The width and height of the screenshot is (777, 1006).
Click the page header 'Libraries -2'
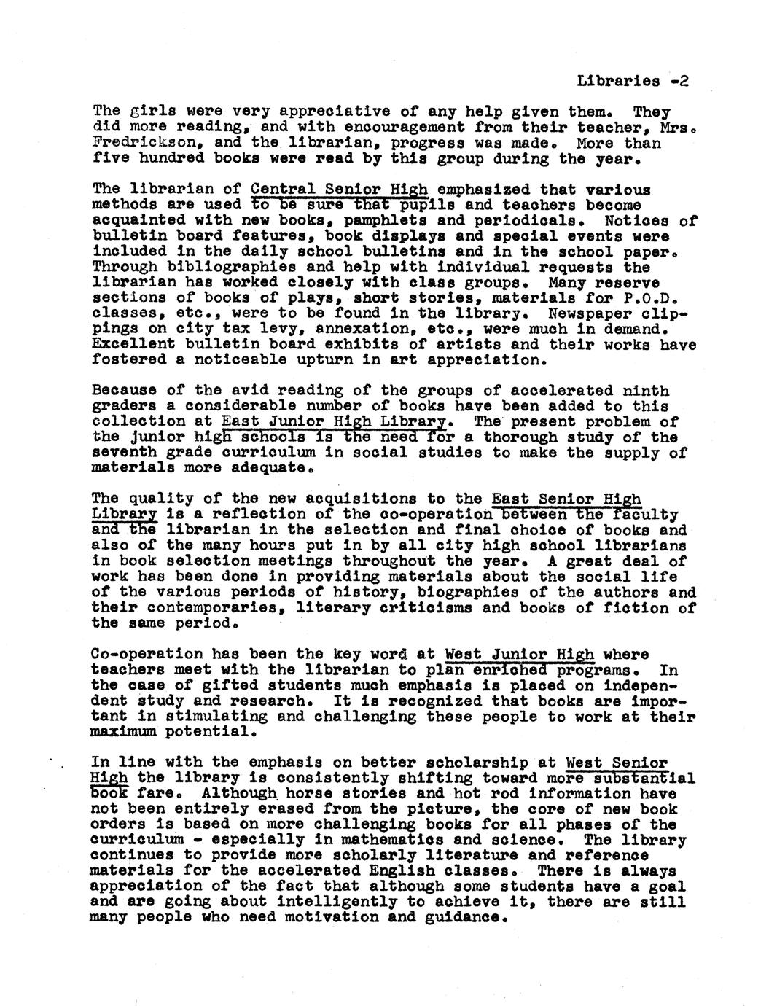point(632,81)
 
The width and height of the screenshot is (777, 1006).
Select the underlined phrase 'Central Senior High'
point(339,190)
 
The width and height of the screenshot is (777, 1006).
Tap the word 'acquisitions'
point(355,499)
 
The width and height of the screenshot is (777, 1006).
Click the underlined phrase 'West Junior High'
point(519,654)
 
